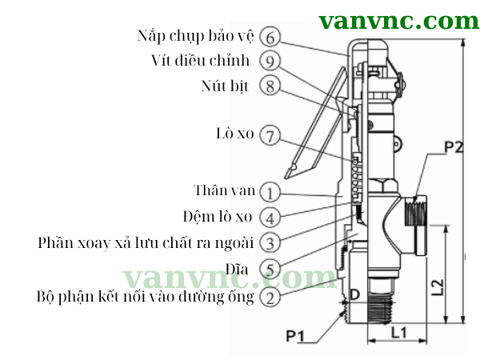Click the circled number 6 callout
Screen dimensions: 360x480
270,37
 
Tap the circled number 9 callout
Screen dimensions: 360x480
270,61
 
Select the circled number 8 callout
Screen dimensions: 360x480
270,86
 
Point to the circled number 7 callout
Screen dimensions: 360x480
270,135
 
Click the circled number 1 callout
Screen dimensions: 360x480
270,192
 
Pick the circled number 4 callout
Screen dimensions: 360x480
270,217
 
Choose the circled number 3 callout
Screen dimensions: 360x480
270,242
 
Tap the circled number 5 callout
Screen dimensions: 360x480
270,269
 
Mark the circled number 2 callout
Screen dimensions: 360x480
270,297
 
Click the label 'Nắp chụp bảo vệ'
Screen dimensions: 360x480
195,37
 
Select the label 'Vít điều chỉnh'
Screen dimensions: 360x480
201,61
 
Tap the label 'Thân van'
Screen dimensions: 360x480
225,190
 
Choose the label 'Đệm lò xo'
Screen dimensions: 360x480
217,216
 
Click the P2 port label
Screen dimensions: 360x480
454,147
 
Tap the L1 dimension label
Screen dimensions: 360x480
401,329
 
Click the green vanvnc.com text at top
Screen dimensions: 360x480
398,20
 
